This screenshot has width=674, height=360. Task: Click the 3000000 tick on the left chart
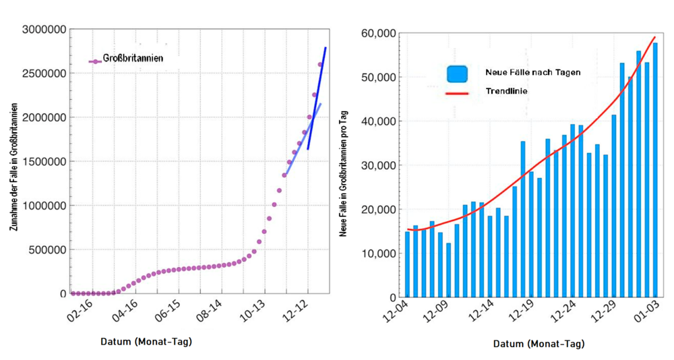click(x=45, y=30)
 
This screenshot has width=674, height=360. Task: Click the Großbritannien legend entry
click(x=132, y=59)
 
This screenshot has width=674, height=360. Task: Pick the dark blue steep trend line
click(x=318, y=94)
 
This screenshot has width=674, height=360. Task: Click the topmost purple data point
click(x=320, y=65)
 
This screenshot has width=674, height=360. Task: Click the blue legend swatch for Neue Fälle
click(x=457, y=73)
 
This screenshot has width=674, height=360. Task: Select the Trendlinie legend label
click(x=506, y=90)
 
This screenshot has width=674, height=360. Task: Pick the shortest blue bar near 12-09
click(x=448, y=270)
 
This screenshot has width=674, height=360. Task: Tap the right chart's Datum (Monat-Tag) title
click(x=539, y=344)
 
